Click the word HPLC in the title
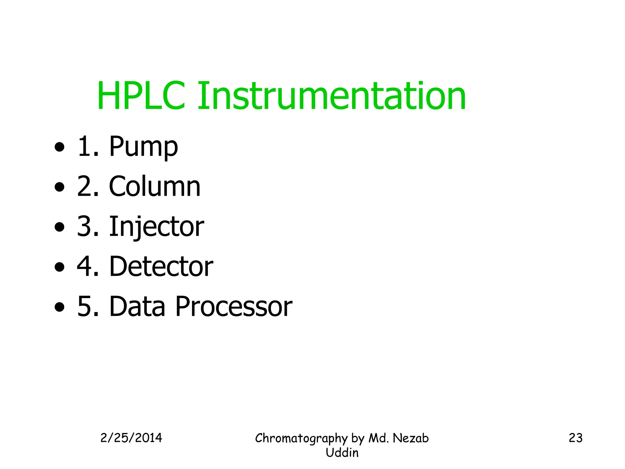tap(141, 96)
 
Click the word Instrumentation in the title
tap(331, 96)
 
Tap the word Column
tap(155, 187)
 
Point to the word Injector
tap(157, 227)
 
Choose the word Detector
tap(161, 267)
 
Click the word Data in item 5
tap(137, 307)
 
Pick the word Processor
tap(234, 307)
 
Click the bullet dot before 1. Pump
tap(60, 147)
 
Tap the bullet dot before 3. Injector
tap(60, 227)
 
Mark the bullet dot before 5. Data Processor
tap(60, 307)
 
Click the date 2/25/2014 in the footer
tap(131, 438)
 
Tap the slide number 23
tap(576, 438)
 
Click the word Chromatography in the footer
tap(301, 438)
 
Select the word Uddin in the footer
tap(342, 453)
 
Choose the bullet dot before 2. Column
tap(60, 187)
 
